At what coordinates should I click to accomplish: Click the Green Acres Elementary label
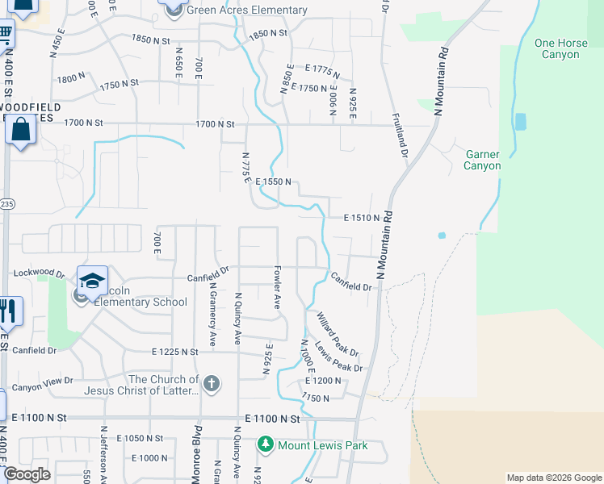coord(247,10)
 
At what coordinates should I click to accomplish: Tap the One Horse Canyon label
coord(557,48)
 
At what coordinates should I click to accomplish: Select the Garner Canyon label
coord(482,160)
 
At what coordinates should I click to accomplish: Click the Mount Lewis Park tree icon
coord(265,444)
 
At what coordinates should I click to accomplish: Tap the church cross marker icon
coord(212,383)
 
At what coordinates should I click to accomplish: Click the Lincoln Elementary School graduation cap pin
coord(93,280)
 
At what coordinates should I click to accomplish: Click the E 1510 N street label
coord(361,218)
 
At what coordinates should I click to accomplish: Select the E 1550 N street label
coord(273,183)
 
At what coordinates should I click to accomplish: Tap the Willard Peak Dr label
coord(338,335)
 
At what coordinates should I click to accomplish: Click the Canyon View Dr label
coord(42,381)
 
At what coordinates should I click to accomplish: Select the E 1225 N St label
coord(174,352)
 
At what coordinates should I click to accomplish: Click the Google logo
coord(27,475)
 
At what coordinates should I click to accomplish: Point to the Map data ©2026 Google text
coord(553,478)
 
